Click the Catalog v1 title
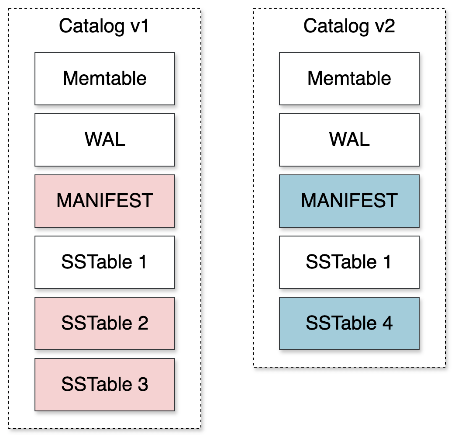point(104,26)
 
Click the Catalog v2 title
point(349,26)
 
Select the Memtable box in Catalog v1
point(105,79)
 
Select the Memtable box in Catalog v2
point(349,79)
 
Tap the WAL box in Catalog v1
point(105,140)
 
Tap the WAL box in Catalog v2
point(349,140)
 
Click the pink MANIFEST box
point(105,201)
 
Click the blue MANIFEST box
point(349,201)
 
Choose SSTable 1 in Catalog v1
point(105,262)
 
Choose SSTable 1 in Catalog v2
point(349,262)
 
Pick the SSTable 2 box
point(105,323)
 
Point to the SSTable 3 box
point(105,385)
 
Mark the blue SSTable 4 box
point(349,323)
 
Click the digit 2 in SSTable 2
point(142,323)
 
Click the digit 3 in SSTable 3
point(142,385)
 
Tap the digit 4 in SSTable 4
point(387,323)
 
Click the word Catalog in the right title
point(335,26)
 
